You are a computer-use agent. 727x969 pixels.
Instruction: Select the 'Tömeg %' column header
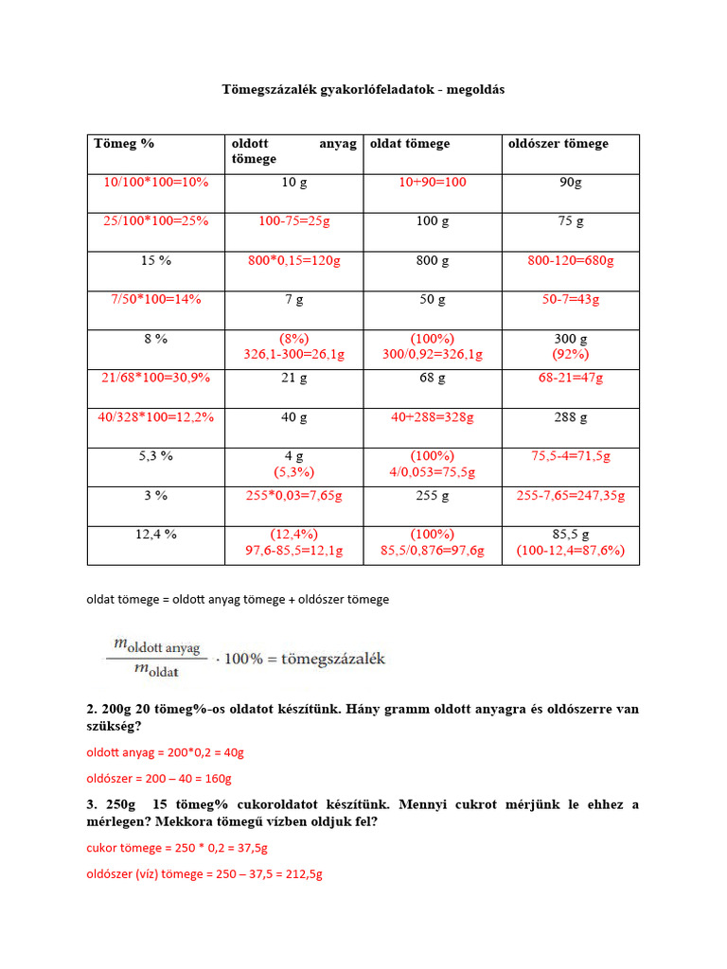(x=124, y=144)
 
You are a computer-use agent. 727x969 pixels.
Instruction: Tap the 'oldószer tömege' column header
(x=559, y=144)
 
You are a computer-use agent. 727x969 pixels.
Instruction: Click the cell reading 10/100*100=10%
(x=156, y=182)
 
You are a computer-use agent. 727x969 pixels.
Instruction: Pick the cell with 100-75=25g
(x=294, y=220)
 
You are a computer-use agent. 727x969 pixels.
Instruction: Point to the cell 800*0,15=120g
(x=294, y=260)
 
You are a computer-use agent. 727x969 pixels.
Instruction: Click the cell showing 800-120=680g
(x=571, y=260)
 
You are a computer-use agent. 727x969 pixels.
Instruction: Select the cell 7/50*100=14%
(x=156, y=299)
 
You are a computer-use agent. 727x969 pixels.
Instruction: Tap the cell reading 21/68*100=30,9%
(x=156, y=377)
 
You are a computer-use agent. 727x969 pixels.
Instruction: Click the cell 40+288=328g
(x=433, y=416)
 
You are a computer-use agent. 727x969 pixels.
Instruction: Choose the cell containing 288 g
(x=571, y=416)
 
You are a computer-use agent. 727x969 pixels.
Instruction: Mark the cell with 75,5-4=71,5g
(x=571, y=455)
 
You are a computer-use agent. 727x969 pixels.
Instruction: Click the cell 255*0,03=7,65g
(x=294, y=495)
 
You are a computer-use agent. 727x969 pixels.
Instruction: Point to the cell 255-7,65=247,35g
(x=571, y=495)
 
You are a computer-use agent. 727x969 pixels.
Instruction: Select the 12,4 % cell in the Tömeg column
(x=156, y=534)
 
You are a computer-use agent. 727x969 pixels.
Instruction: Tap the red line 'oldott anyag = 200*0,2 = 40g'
(x=166, y=752)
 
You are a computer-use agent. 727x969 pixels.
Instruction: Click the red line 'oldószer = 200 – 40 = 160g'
(x=159, y=779)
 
